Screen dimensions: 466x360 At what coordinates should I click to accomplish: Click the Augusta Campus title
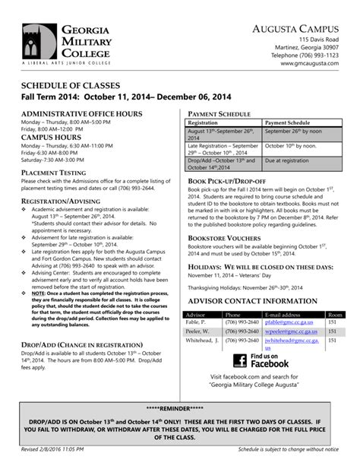point(295,28)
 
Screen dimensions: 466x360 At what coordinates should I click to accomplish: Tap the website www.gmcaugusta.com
point(310,65)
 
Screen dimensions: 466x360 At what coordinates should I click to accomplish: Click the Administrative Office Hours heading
point(81,113)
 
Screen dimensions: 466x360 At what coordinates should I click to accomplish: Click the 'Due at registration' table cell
point(287,160)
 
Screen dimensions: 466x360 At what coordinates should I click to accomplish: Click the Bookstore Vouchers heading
point(224,238)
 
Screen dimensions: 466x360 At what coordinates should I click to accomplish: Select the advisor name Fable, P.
point(196,322)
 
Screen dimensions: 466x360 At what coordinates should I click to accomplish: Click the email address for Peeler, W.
point(289,331)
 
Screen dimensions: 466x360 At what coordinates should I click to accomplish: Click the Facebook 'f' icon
point(239,360)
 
